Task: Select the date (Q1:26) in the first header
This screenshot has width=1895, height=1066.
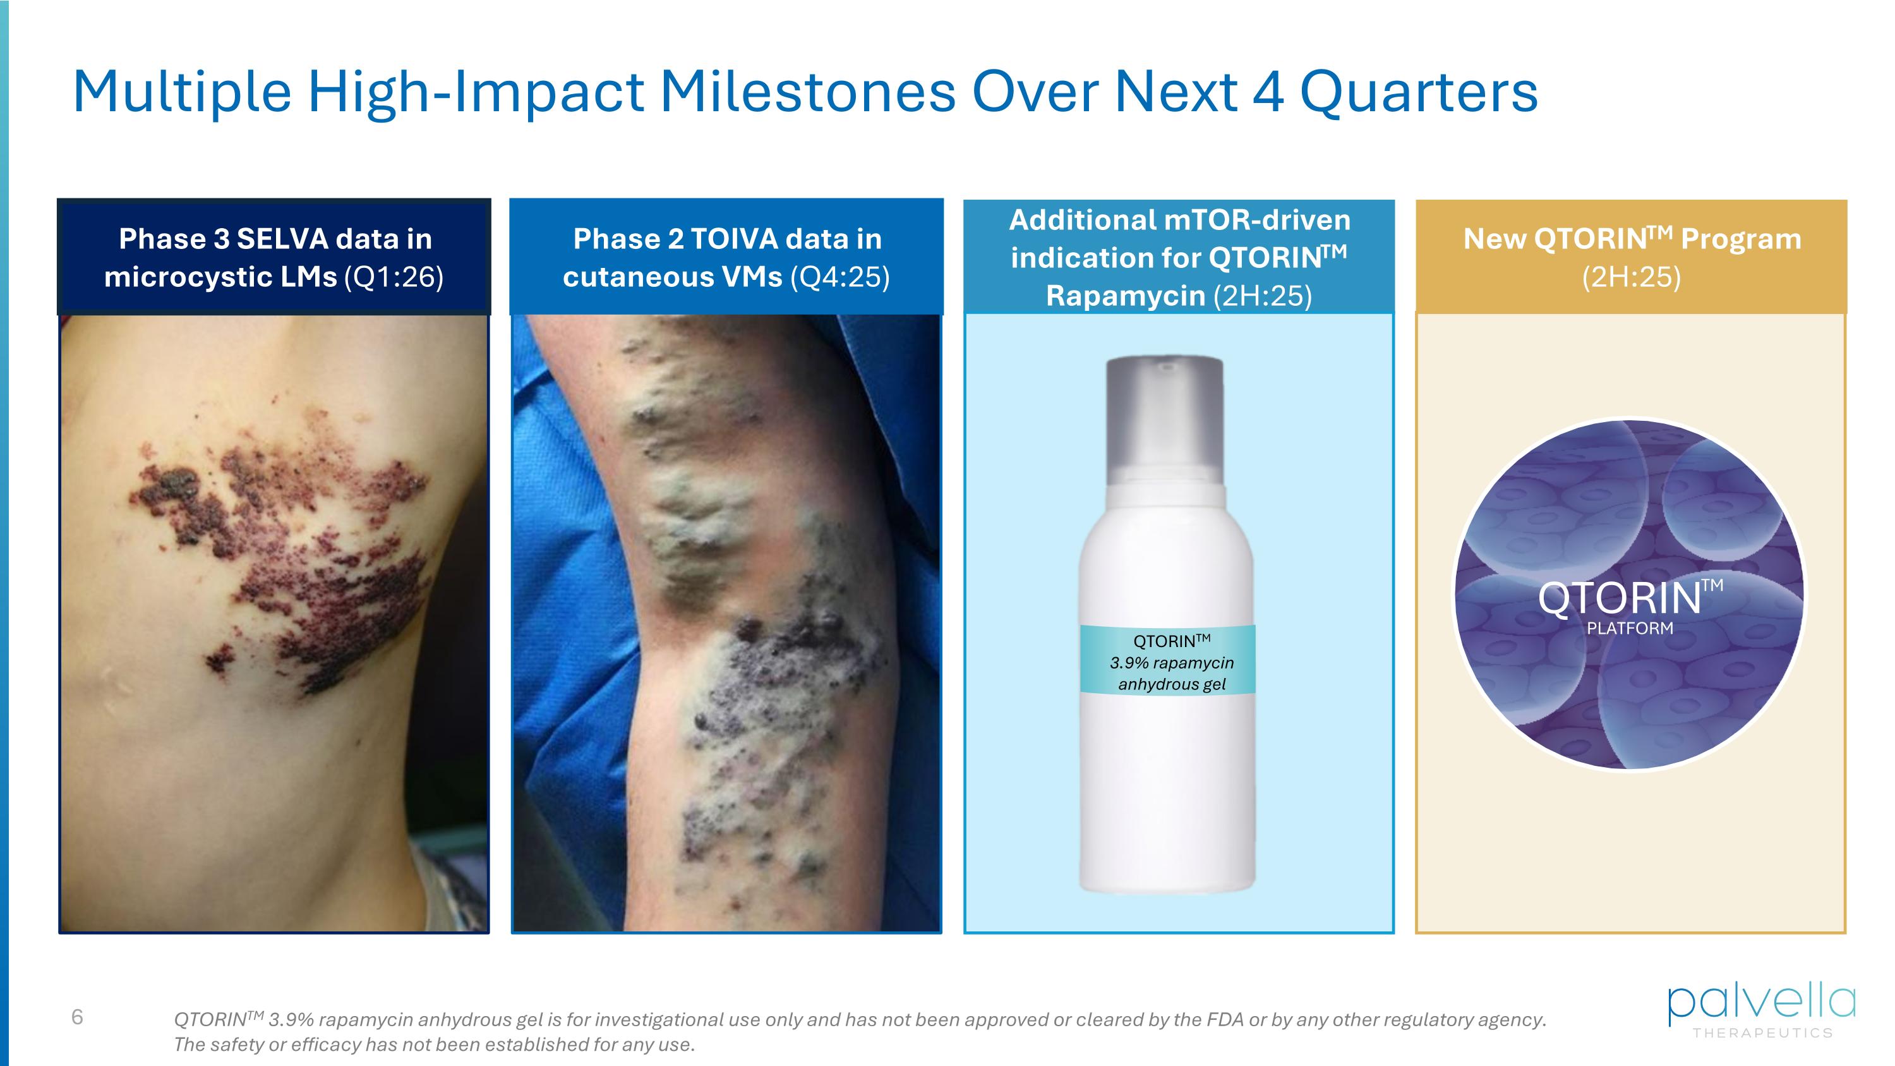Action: [x=394, y=277]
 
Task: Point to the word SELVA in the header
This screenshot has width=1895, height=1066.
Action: [x=282, y=239]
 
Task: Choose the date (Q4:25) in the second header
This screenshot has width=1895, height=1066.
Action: [x=839, y=277]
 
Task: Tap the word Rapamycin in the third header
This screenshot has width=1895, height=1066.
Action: [x=1126, y=296]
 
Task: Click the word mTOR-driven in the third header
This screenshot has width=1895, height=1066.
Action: [x=1257, y=220]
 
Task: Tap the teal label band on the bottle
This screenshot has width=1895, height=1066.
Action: [x=1167, y=659]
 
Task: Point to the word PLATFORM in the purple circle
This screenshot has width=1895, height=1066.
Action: [x=1630, y=628]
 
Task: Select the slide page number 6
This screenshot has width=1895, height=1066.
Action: [x=77, y=1017]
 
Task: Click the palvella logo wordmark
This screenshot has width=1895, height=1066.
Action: [x=1761, y=1003]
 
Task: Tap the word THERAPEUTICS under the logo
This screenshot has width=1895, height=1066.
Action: [x=1762, y=1033]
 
